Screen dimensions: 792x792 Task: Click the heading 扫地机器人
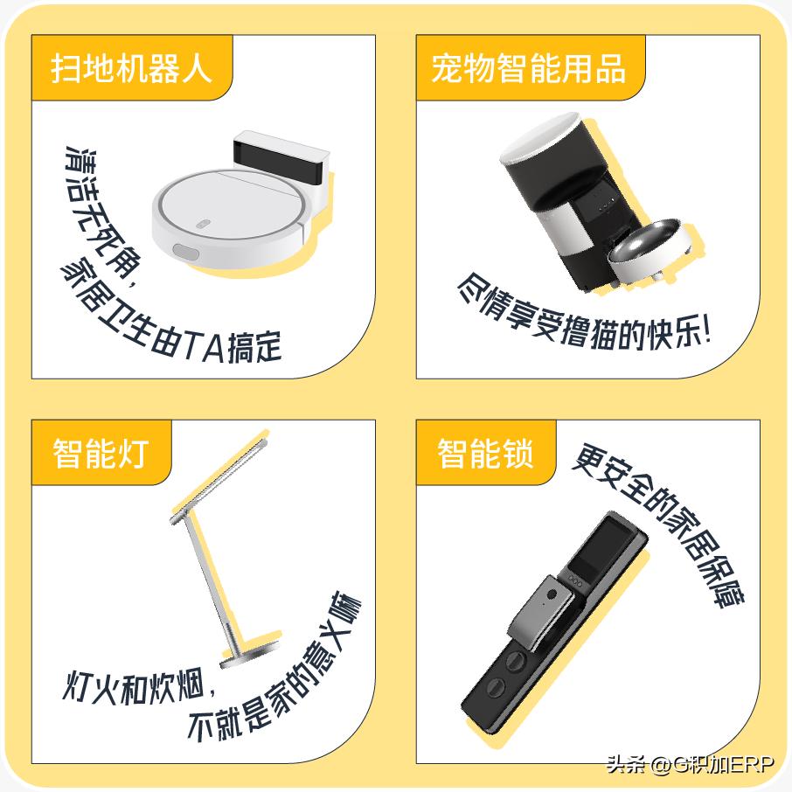click(x=131, y=68)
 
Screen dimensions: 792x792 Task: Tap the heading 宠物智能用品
click(x=528, y=68)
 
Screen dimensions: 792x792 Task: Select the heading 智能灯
click(x=101, y=453)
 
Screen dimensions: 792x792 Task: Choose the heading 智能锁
click(x=485, y=453)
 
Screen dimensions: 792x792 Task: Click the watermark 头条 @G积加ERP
click(x=690, y=765)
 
